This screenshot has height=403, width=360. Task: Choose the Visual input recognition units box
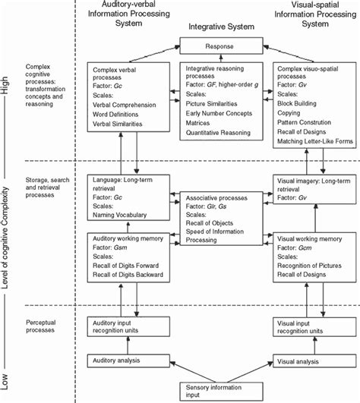tap(313, 326)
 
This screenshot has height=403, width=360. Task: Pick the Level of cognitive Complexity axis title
tap(7, 235)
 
